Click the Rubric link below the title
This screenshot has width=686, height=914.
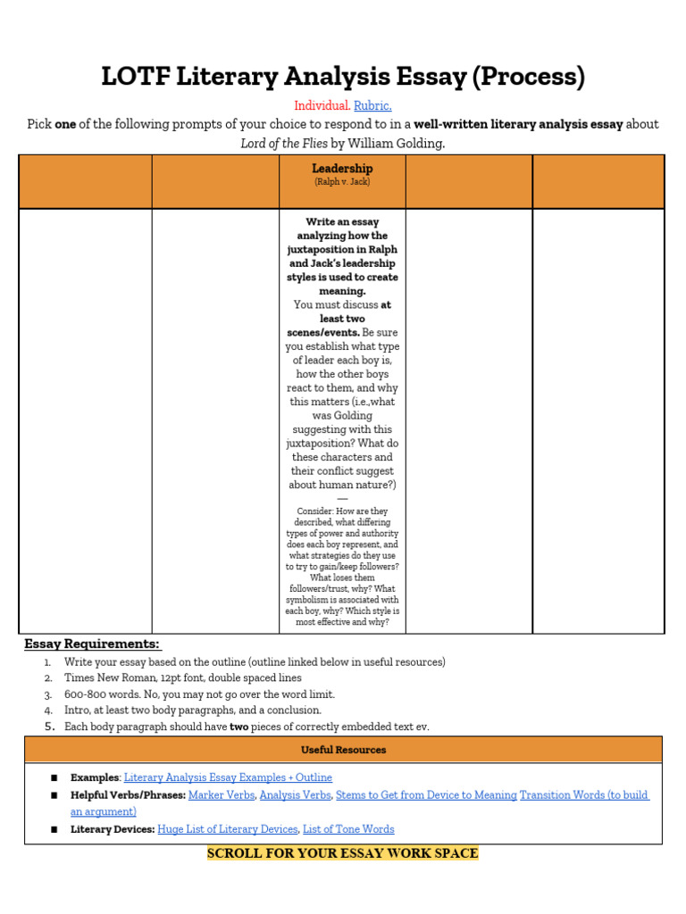point(373,106)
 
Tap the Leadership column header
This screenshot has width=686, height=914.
point(342,168)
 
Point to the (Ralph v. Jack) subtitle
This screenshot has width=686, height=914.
point(342,182)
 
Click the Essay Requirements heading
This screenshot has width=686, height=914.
point(92,644)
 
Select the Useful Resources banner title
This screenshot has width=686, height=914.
point(343,750)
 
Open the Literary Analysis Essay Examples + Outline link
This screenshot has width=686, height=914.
point(228,777)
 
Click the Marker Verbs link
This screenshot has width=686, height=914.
point(221,795)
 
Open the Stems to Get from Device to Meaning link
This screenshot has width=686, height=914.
point(426,795)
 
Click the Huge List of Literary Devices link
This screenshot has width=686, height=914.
point(227,829)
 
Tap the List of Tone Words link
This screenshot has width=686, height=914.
point(348,829)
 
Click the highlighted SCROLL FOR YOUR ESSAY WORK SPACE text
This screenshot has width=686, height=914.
point(343,853)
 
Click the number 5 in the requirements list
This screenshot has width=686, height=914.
point(50,727)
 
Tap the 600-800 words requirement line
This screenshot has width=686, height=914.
point(199,694)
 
